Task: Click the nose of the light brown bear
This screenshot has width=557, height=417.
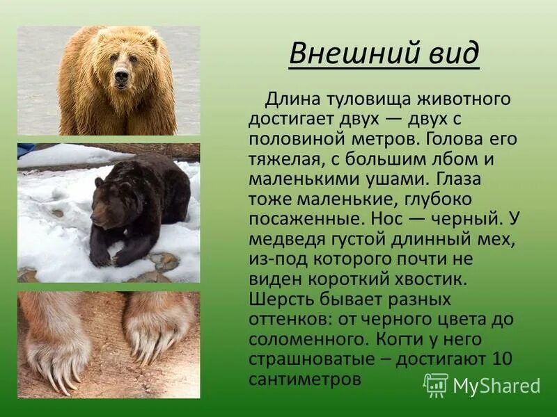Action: point(122,75)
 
